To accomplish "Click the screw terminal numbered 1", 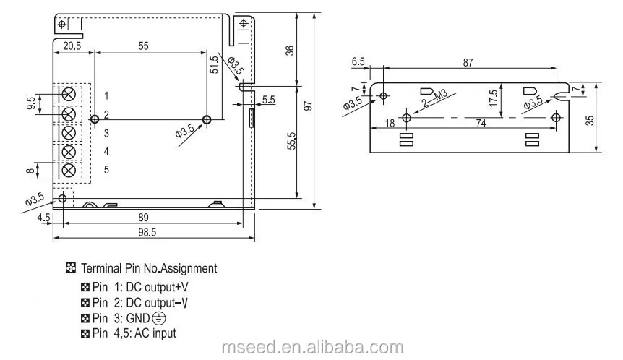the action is (x=69, y=95).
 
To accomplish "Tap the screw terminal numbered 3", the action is (x=69, y=133).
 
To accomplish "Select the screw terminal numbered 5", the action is (x=69, y=171).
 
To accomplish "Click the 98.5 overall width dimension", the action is (x=147, y=233).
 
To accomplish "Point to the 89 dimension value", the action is (x=143, y=218).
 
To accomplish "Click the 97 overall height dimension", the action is (x=308, y=106).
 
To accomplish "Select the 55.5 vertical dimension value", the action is (x=292, y=141).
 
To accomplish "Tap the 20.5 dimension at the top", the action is (x=72, y=46).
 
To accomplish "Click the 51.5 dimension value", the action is (x=214, y=64).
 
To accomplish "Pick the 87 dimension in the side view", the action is (x=468, y=63).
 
